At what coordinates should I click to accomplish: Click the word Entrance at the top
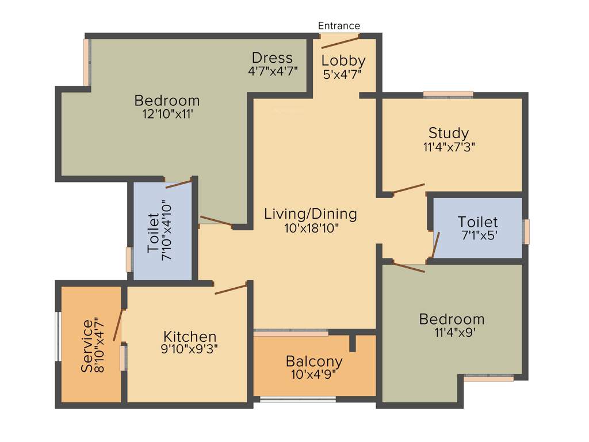(339, 26)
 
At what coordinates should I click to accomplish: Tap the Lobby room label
(343, 60)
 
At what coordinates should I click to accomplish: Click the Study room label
(449, 134)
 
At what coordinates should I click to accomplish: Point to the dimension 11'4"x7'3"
(449, 146)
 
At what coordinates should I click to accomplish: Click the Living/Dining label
(311, 214)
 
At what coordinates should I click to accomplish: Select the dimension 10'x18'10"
(312, 228)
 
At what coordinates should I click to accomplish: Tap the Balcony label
(314, 361)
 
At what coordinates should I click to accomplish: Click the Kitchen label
(190, 336)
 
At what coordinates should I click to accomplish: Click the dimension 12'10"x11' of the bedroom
(167, 114)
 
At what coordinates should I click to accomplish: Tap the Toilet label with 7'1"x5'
(477, 222)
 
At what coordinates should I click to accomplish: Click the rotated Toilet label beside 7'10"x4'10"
(153, 233)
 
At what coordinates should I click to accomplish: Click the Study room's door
(408, 189)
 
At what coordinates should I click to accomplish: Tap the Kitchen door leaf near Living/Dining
(231, 288)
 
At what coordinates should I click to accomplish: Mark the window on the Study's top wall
(449, 94)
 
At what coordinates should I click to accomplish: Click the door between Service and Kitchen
(118, 325)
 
